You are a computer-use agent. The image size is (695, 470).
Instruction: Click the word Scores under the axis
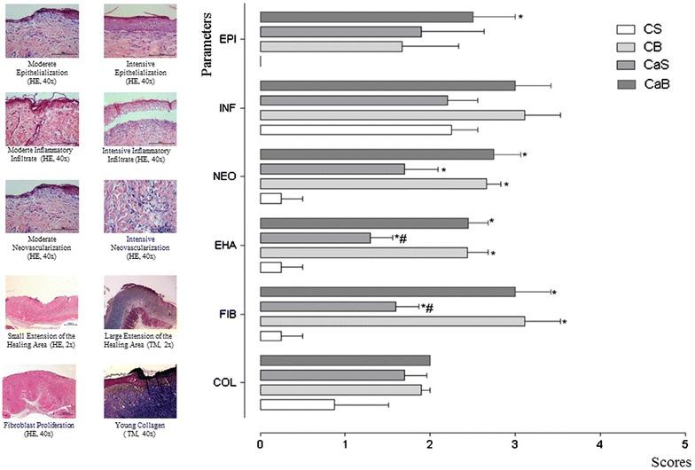(x=668, y=460)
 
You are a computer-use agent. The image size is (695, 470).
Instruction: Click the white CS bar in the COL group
(x=297, y=404)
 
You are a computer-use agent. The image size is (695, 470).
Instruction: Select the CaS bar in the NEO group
(x=332, y=168)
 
